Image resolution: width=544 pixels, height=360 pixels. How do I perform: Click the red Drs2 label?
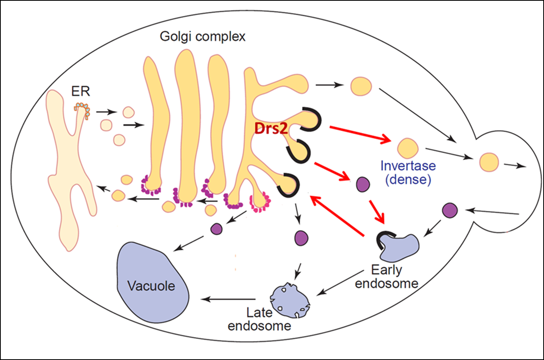click(x=271, y=128)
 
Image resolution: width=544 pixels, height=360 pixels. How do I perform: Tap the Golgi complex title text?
click(x=203, y=36)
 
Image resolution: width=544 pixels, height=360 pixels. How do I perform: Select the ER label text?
click(x=81, y=91)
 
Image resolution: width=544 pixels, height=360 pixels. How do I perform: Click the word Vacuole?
click(x=151, y=286)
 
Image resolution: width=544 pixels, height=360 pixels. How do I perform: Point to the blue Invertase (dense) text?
click(x=408, y=172)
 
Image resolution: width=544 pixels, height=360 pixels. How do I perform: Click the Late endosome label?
click(x=259, y=319)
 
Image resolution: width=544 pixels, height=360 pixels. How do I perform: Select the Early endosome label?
click(x=387, y=276)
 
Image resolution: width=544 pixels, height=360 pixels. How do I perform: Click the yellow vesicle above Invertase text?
click(x=408, y=148)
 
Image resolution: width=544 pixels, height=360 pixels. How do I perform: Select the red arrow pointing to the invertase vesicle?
click(x=360, y=133)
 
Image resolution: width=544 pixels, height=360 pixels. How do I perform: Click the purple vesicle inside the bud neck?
click(x=450, y=210)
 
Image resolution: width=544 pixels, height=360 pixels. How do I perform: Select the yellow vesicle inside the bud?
click(x=489, y=162)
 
